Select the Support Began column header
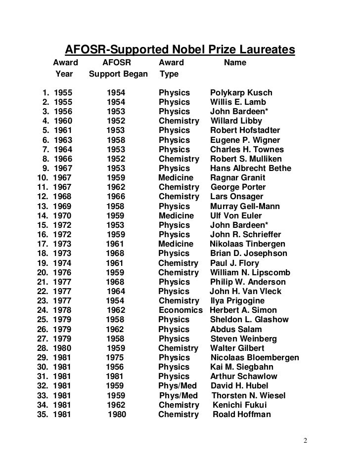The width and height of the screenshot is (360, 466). pos(118,75)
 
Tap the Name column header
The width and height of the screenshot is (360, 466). pos(235,63)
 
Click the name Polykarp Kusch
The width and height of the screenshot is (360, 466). pos(241,92)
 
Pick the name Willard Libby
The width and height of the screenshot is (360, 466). pos(236,121)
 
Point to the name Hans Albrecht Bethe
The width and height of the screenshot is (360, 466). pos(251,169)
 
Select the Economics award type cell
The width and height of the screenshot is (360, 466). pos(180,310)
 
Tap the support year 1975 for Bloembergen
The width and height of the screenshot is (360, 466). pos(116,357)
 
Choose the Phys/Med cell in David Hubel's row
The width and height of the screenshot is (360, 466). pos(178,385)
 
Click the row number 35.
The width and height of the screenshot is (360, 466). pos(44,414)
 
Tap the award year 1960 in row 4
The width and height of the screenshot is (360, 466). pos(63,121)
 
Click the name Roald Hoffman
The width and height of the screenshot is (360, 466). pos(242,414)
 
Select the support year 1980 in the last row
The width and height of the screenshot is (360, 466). pos(117,414)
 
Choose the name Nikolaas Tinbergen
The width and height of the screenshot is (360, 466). pos(247,244)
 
